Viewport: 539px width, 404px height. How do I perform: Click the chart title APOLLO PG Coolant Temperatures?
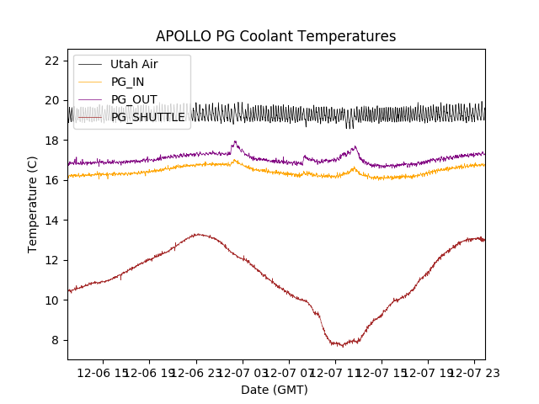tap(275, 36)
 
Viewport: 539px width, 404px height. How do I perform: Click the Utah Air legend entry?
tap(134, 64)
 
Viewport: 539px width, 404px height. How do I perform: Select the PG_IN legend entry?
tap(127, 82)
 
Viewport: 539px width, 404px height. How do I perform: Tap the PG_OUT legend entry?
tap(133, 99)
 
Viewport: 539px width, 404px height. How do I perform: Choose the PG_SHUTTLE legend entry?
tap(147, 117)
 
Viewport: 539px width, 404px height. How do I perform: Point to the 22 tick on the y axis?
tap(51, 61)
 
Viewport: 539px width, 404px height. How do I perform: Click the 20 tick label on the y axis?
tap(51, 101)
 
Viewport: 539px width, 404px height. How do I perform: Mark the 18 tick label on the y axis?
tap(51, 141)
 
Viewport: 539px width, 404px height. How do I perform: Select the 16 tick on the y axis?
tap(51, 180)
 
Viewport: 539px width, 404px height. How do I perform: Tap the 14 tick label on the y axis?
tap(51, 221)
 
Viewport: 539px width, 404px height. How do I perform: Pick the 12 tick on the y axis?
tap(51, 260)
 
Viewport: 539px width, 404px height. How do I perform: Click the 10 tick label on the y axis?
tap(51, 300)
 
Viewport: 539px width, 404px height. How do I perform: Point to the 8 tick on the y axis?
tap(55, 340)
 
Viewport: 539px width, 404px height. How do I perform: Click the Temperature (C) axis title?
tap(33, 205)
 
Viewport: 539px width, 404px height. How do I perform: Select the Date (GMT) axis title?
tap(275, 390)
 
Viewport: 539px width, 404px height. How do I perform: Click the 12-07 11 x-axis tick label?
tap(335, 372)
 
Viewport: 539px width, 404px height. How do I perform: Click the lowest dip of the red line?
tap(343, 346)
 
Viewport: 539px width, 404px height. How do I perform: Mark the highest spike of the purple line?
tap(235, 141)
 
